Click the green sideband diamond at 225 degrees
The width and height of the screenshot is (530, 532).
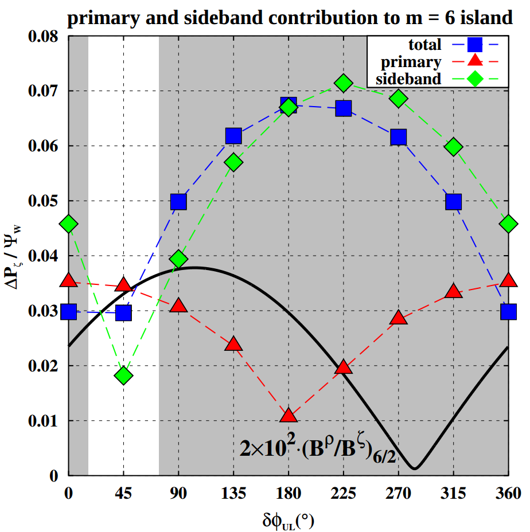344,83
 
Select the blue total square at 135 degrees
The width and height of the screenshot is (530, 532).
233,136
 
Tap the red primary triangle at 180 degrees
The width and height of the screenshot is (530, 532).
289,416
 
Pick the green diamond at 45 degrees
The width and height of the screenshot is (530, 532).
123,376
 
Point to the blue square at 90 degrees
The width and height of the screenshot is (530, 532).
178,202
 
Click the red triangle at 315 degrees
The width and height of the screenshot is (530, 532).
454,291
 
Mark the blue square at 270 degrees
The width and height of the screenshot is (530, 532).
399,137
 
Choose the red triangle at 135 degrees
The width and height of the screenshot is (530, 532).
233,344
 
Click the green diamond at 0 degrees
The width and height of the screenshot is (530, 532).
69,224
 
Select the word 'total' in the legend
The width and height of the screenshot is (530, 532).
425,45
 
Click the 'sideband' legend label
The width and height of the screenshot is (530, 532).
408,79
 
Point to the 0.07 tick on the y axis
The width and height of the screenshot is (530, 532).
45,92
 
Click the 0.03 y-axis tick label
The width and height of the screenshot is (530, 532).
45,311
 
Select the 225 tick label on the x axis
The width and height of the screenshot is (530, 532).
343,493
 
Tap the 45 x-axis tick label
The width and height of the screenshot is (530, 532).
123,493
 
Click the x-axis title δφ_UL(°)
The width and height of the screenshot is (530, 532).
289,521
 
